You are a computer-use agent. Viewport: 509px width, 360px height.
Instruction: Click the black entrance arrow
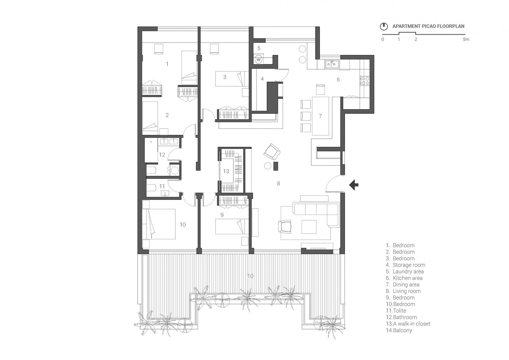point(354,185)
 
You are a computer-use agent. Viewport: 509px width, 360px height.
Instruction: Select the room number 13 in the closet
point(226,171)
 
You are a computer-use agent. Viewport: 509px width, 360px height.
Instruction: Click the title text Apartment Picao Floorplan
point(428,26)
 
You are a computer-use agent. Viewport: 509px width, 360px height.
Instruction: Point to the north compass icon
point(384,26)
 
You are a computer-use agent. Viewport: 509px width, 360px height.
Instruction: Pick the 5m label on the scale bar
point(466,39)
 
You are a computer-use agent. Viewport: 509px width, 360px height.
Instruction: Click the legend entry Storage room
point(409,265)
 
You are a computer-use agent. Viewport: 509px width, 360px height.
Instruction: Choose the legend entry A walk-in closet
point(411,324)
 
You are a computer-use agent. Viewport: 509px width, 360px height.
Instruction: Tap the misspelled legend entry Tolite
point(399,311)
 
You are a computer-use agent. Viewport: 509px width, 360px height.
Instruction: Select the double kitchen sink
point(332,64)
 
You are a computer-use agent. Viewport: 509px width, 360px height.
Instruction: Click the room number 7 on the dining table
point(320,116)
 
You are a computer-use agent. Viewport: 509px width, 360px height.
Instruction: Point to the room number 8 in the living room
point(278,184)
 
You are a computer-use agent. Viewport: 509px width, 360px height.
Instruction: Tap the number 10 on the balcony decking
point(250,276)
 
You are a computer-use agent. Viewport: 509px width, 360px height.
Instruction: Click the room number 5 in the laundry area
point(258,48)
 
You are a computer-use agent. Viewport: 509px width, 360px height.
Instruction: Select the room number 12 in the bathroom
point(162,155)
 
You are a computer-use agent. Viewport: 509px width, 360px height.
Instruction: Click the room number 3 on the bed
point(225,77)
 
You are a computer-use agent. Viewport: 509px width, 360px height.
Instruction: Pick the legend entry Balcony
point(402,330)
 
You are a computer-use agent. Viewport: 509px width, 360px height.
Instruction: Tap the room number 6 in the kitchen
point(338,80)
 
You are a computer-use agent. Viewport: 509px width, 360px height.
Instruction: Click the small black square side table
point(276,166)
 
